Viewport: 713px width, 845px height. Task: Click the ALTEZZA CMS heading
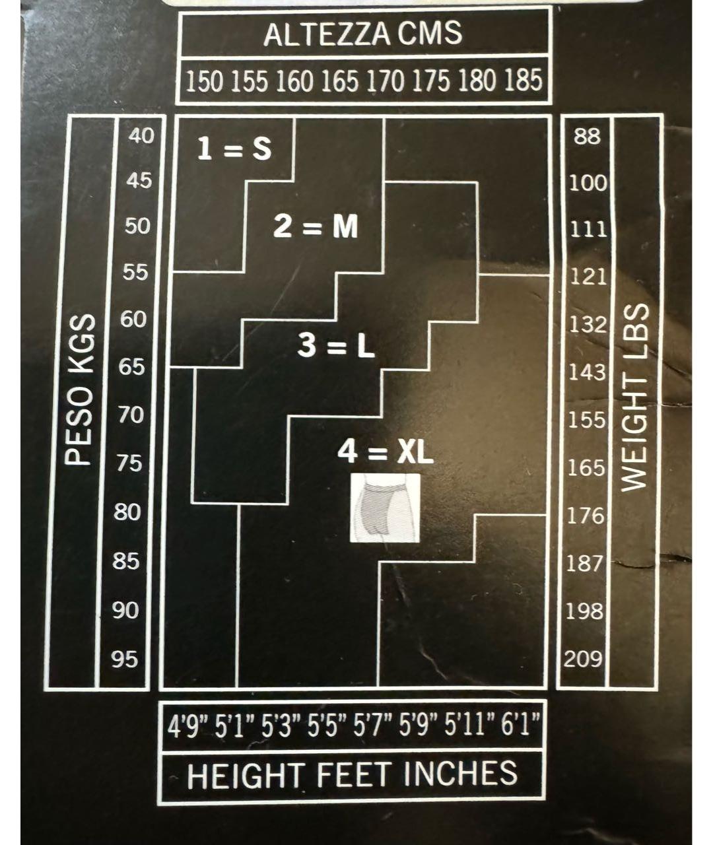362,34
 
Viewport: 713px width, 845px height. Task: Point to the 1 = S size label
234,150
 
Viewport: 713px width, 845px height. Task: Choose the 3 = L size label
336,346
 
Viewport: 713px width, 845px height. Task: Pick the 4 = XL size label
386,453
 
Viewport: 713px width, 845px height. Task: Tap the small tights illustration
384,508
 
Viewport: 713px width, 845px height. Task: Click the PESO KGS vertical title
79,389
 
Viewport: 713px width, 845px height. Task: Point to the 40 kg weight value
141,136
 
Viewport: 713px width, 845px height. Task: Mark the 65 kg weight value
132,366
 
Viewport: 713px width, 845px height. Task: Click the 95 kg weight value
125,659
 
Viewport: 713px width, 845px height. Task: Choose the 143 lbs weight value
587,373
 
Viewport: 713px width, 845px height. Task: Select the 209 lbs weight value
583,659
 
